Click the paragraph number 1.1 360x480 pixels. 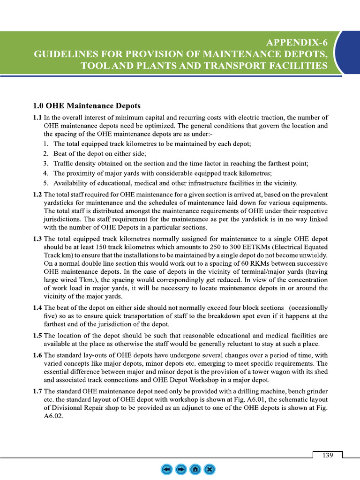point(37,117)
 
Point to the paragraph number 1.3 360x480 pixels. point(37,239)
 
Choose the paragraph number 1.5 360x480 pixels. point(37,336)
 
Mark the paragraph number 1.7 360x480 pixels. point(37,391)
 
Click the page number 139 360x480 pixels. point(327,455)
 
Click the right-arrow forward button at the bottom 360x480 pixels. point(180,469)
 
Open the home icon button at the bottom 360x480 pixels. point(195,469)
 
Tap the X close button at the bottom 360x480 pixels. point(210,469)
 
